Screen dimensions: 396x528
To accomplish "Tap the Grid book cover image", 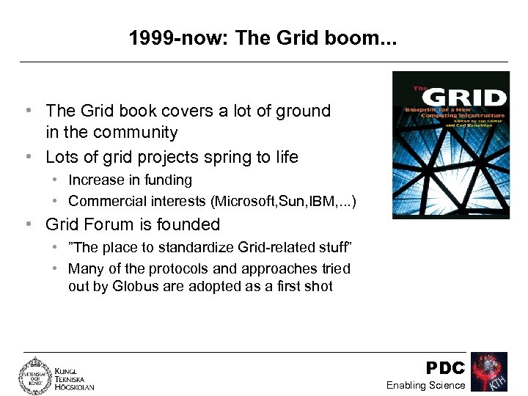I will tap(450, 144).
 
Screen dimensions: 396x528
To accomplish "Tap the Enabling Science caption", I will tap(425, 386).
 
